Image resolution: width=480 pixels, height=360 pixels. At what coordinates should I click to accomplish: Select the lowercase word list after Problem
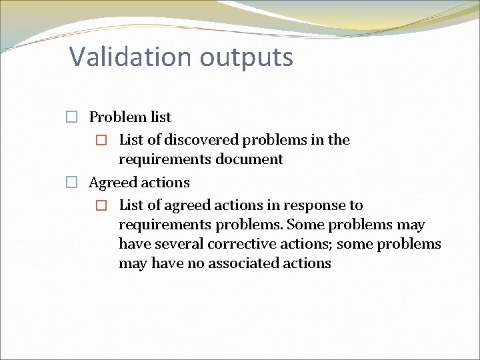click(x=161, y=117)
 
